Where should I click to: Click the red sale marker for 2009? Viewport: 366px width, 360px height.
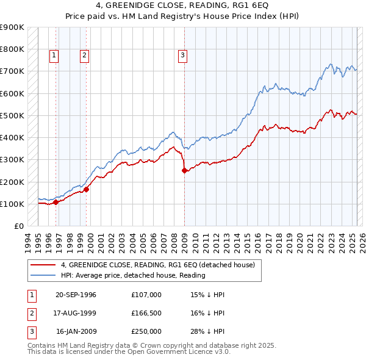click(184, 171)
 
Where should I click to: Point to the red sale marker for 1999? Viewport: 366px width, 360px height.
click(87, 189)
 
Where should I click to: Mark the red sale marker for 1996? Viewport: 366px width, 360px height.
click(56, 202)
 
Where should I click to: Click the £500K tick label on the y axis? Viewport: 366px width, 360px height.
click(12, 115)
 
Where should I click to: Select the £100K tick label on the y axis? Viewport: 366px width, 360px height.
click(12, 204)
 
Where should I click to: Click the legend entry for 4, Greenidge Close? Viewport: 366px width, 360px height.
click(161, 265)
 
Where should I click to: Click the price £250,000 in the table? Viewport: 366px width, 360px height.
click(146, 331)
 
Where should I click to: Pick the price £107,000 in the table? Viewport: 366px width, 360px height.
click(146, 295)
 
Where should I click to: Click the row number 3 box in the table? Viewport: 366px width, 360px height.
click(31, 331)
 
